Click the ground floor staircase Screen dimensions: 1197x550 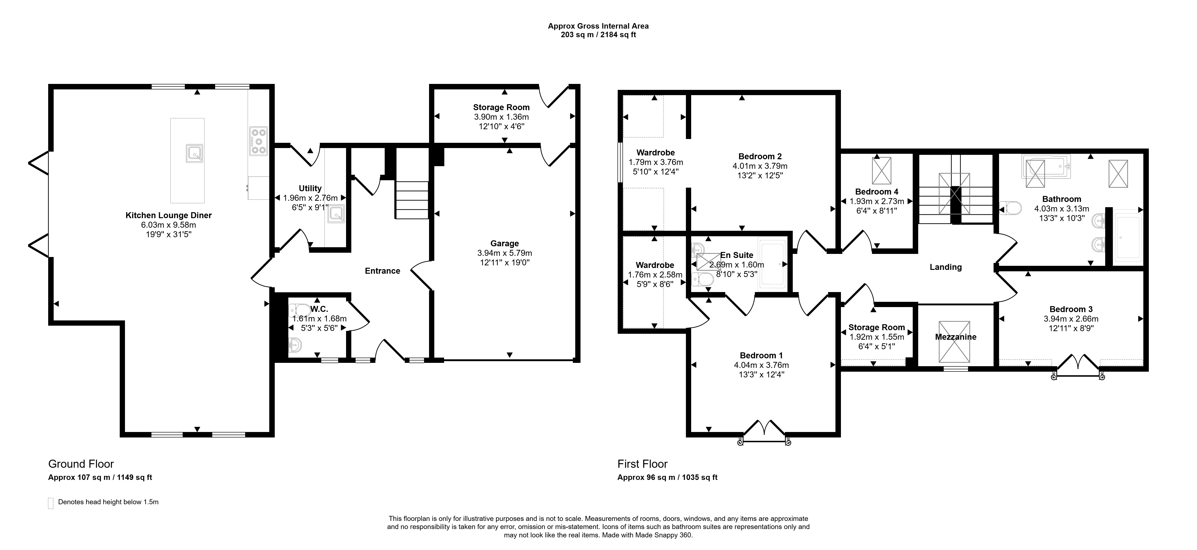tap(412, 200)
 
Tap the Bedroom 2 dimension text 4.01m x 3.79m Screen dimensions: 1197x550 tap(760, 166)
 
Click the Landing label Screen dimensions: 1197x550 tap(946, 267)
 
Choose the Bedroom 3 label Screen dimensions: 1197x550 tap(1071, 309)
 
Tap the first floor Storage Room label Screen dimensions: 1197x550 tap(876, 328)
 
